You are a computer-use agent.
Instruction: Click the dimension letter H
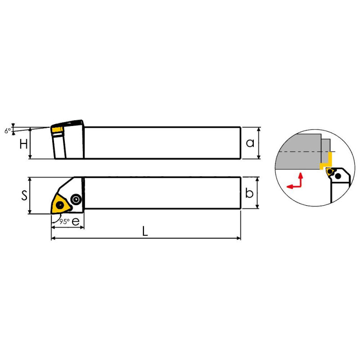[x=23, y=144]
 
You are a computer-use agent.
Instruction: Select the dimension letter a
[x=250, y=143]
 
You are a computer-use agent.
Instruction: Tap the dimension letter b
[x=249, y=193]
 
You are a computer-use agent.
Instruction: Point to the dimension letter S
[x=24, y=195]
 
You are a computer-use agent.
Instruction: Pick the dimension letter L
[x=145, y=231]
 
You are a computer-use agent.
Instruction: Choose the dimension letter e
[x=76, y=221]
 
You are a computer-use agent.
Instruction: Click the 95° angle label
[x=64, y=221]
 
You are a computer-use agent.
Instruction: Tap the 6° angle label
[x=8, y=130]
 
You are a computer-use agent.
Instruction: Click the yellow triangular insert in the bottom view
[x=61, y=204]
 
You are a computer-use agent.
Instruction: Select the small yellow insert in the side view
[x=57, y=130]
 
